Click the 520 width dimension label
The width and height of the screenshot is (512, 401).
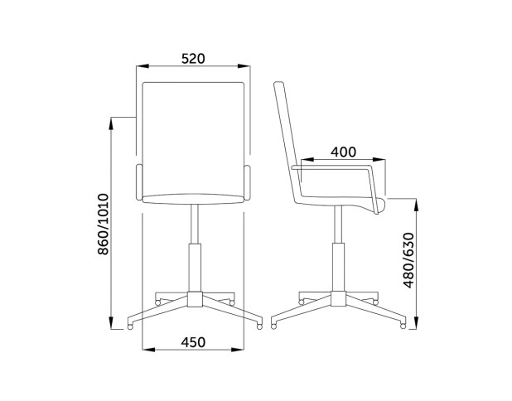[x=193, y=59]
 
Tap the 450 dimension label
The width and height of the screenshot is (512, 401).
[x=193, y=342]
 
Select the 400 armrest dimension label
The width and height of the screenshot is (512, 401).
[x=343, y=152]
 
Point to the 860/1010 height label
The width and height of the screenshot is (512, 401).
[x=104, y=224]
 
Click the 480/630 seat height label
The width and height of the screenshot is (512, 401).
[x=408, y=261]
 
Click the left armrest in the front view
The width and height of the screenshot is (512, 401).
[x=139, y=182]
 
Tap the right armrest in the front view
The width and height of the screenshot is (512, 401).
[x=247, y=182]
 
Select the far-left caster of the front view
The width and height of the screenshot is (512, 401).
[x=130, y=326]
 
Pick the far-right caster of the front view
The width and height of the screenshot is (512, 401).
[x=259, y=326]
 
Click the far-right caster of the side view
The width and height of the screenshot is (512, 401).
[x=403, y=326]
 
